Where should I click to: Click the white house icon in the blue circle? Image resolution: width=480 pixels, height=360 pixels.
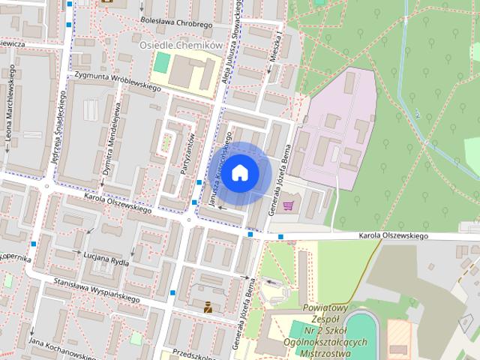(239, 173)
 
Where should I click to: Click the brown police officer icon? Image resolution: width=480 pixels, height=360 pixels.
(207, 305)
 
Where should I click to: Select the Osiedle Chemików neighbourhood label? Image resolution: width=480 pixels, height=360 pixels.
(182, 46)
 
